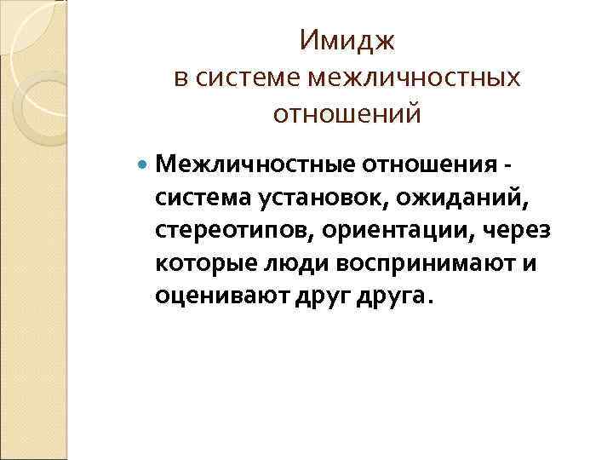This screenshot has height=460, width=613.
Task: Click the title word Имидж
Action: [347, 40]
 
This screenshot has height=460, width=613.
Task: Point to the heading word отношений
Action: [347, 113]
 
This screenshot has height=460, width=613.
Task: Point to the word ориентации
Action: [370, 231]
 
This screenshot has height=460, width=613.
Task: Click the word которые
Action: [198, 264]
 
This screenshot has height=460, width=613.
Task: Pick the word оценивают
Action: [211, 298]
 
